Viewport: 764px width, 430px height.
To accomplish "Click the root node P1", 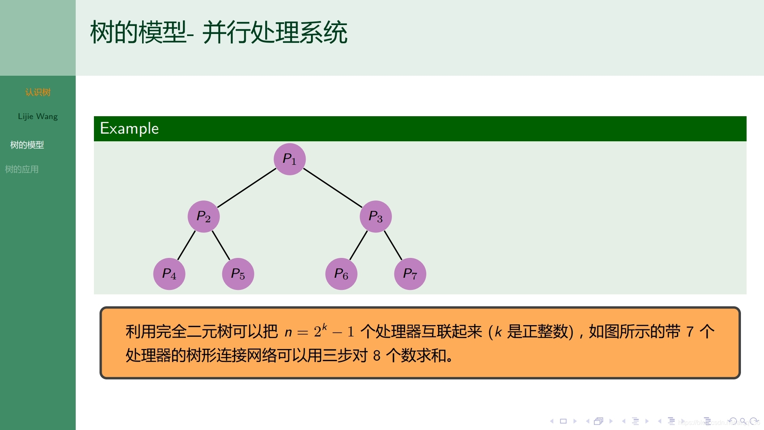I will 289,159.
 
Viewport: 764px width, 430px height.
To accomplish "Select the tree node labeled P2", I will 204,217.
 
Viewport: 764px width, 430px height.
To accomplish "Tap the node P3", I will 376,217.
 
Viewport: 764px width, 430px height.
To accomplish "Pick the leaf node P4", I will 169,274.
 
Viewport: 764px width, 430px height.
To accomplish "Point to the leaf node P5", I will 238,274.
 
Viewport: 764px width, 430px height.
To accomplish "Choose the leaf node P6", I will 341,274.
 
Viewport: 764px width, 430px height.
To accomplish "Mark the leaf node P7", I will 410,274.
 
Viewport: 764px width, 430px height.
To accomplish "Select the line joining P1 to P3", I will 333,188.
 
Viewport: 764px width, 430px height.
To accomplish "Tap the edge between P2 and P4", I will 187,245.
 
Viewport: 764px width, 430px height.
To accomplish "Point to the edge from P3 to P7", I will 393,245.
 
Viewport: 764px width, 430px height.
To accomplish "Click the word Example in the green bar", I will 129,128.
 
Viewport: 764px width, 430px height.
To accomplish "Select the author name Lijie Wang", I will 38,117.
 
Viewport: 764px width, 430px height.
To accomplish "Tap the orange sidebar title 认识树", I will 38,92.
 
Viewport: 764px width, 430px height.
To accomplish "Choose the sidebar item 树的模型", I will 27,145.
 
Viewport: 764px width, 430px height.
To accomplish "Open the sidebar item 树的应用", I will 22,169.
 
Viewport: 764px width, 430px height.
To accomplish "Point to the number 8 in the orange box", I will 377,356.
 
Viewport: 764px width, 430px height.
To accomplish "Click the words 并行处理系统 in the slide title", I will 275,32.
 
